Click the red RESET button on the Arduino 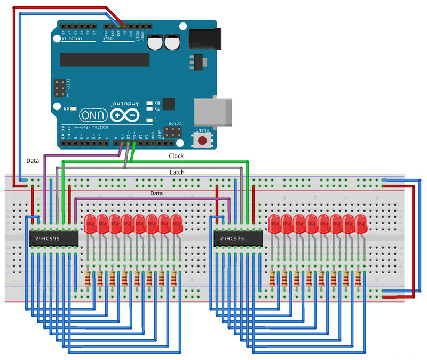point(203,140)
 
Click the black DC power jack point(203,37)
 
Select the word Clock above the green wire point(176,156)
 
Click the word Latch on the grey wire point(177,172)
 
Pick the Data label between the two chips point(156,193)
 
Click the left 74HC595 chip point(53,239)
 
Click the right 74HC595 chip point(237,239)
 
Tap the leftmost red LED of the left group point(90,224)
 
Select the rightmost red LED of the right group point(361,224)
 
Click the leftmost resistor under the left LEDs point(88,278)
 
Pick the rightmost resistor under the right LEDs point(358,278)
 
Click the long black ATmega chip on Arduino point(104,59)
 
